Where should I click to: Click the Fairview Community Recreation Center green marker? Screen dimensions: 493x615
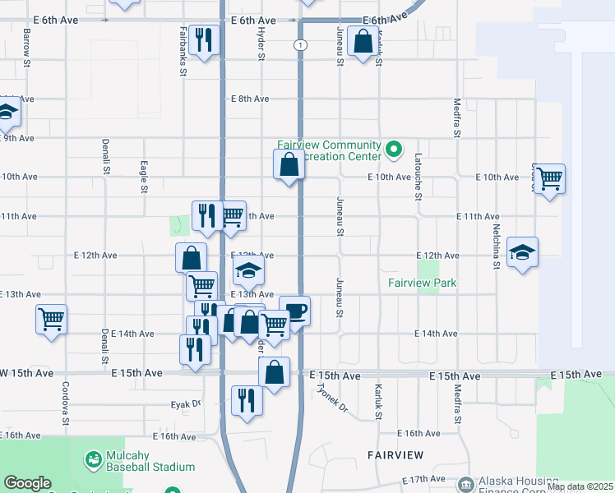[394, 150]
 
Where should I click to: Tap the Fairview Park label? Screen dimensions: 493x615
[422, 283]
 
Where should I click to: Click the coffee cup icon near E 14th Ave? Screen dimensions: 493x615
[295, 311]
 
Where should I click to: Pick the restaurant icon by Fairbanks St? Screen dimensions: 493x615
[203, 39]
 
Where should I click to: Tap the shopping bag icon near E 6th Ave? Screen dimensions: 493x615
[363, 41]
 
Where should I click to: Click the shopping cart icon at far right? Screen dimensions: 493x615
[548, 177]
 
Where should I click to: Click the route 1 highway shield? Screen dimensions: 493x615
[302, 46]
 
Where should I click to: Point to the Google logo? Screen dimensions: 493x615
[28, 483]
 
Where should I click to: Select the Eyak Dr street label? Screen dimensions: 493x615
[186, 404]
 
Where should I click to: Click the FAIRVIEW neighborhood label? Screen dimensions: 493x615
[395, 454]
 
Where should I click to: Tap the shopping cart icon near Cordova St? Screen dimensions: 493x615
[52, 319]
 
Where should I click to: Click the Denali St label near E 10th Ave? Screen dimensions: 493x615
[105, 156]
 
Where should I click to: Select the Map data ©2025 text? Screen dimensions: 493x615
[579, 486]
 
